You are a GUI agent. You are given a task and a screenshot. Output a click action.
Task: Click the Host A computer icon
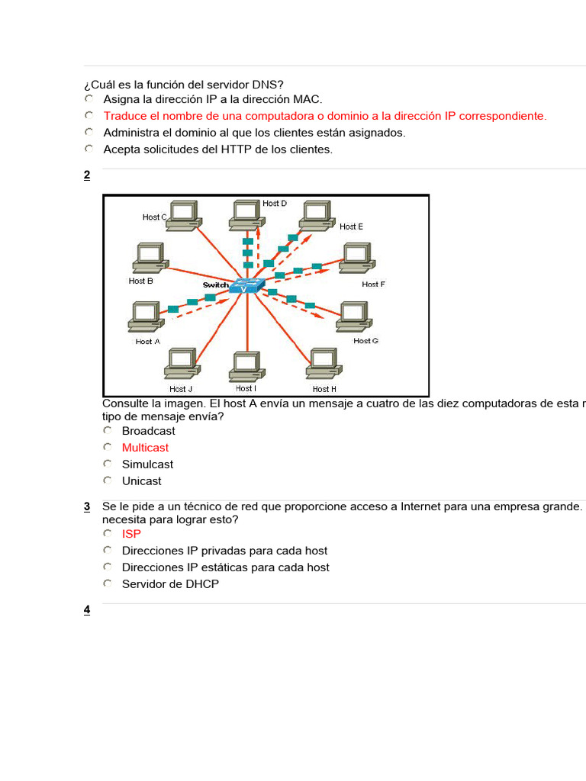pos(145,317)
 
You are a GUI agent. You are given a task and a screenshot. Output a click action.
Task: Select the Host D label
pos(275,204)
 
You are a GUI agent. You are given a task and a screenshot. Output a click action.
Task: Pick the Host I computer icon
pos(246,366)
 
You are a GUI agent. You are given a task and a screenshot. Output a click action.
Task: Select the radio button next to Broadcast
pos(108,431)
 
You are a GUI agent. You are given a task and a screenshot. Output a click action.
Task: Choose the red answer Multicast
pos(145,448)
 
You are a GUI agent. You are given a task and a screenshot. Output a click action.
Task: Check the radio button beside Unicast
pos(108,481)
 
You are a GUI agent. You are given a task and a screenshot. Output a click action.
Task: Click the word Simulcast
pos(147,464)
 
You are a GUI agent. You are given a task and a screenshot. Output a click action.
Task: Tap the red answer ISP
pos(131,534)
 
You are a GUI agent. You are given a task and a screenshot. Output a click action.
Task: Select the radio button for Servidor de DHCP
pos(108,584)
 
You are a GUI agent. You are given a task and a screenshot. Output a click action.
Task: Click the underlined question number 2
pos(87,175)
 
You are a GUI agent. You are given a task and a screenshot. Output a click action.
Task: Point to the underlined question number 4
pos(87,609)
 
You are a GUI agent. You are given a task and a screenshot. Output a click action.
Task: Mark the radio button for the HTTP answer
pos(89,149)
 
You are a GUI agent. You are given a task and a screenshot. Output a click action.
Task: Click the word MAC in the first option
pos(308,99)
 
